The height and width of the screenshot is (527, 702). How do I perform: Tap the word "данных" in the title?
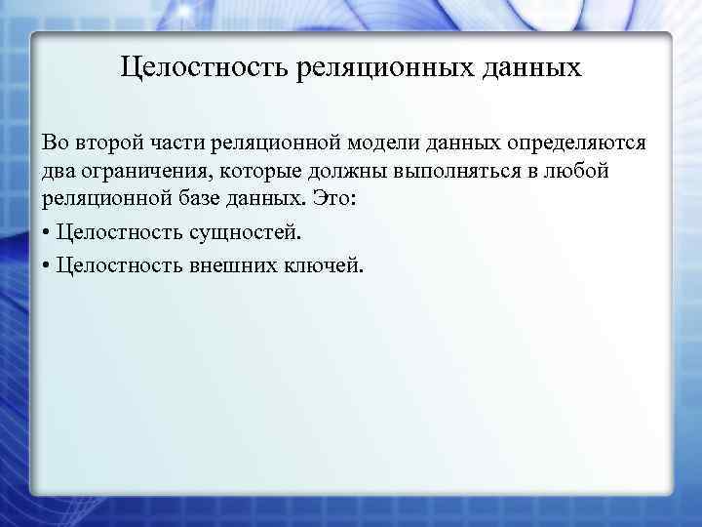533,68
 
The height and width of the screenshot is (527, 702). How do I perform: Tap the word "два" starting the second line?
58,174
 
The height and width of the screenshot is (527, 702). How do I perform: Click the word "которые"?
251,174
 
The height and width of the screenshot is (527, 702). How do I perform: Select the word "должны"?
338,174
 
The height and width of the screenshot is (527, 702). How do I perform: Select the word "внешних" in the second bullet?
234,264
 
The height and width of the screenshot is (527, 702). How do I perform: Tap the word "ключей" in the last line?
328,264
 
